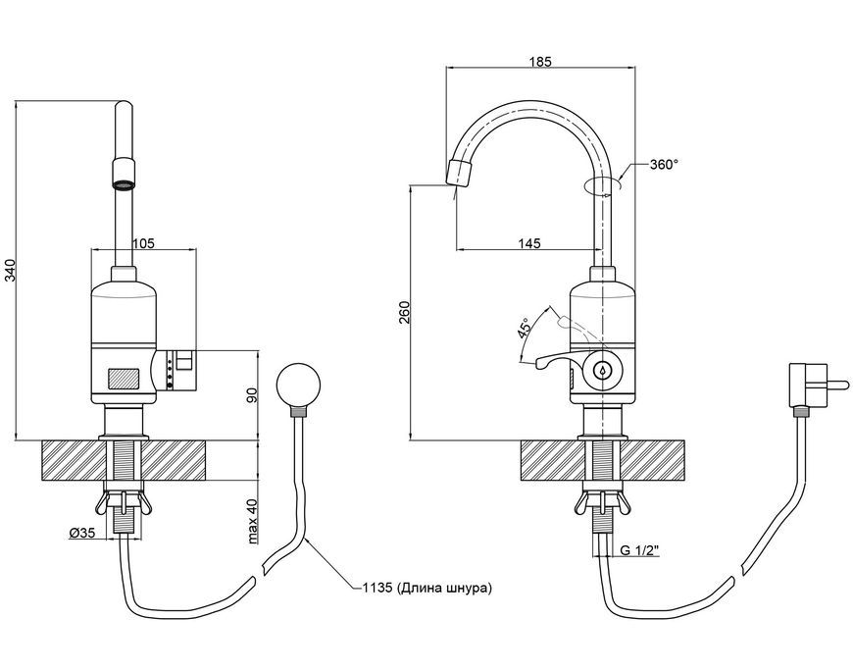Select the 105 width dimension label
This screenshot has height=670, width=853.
click(143, 242)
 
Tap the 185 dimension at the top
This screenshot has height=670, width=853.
click(540, 61)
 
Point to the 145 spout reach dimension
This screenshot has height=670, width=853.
click(529, 242)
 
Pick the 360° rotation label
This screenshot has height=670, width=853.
click(664, 165)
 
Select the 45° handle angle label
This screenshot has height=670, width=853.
click(525, 330)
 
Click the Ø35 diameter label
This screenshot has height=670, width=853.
click(82, 533)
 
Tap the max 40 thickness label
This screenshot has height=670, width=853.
click(253, 523)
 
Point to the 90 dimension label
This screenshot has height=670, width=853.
click(253, 395)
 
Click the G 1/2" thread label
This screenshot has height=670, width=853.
click(639, 550)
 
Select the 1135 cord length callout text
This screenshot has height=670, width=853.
click(427, 588)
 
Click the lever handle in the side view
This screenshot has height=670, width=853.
click(557, 360)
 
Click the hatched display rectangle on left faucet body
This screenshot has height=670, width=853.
click(125, 380)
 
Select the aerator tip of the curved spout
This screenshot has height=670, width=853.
click(458, 173)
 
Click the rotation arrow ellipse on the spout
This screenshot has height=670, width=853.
click(602, 185)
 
